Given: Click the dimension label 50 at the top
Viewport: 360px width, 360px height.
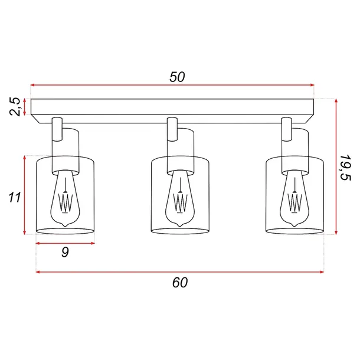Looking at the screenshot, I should click(178, 77).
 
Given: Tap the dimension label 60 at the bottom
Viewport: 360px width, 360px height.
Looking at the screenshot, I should click(180, 282).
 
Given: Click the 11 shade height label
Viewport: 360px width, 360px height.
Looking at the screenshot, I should click(14, 197).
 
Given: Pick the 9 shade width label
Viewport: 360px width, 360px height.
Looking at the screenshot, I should click(65, 252).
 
